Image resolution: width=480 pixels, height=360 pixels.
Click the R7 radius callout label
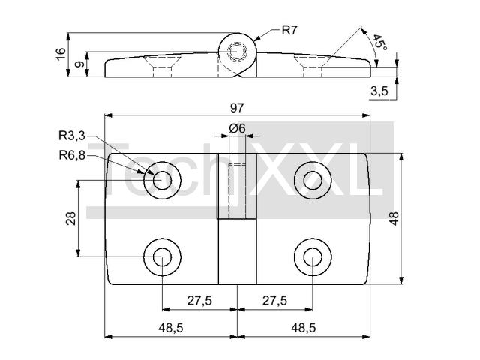point(289,31)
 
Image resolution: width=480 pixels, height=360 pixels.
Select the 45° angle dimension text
point(379,43)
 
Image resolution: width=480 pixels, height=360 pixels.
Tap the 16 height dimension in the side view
point(61,54)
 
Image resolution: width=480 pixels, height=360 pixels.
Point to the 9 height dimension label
point(79,64)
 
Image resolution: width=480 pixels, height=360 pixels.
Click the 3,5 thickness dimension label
point(379,91)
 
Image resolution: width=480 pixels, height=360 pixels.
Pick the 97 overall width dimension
point(237,108)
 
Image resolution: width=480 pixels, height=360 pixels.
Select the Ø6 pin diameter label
point(237,128)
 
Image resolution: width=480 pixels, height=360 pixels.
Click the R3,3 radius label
point(72,136)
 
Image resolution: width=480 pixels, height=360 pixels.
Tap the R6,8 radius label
point(72,155)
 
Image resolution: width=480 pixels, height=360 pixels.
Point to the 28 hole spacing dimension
point(70,218)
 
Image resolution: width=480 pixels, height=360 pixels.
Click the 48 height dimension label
point(394,218)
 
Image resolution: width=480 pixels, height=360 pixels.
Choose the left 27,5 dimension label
point(199,301)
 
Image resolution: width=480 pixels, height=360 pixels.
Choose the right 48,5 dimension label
point(303,328)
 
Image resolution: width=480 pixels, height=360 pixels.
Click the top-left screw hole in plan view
point(162,180)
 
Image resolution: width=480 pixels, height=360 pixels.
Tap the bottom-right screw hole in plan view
point(313,256)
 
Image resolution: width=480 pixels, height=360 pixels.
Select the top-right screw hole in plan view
point(313,180)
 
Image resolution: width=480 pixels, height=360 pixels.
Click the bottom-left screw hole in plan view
point(162,256)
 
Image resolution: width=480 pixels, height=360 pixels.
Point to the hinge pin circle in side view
point(237,52)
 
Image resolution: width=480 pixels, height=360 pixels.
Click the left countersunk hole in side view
point(162,66)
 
